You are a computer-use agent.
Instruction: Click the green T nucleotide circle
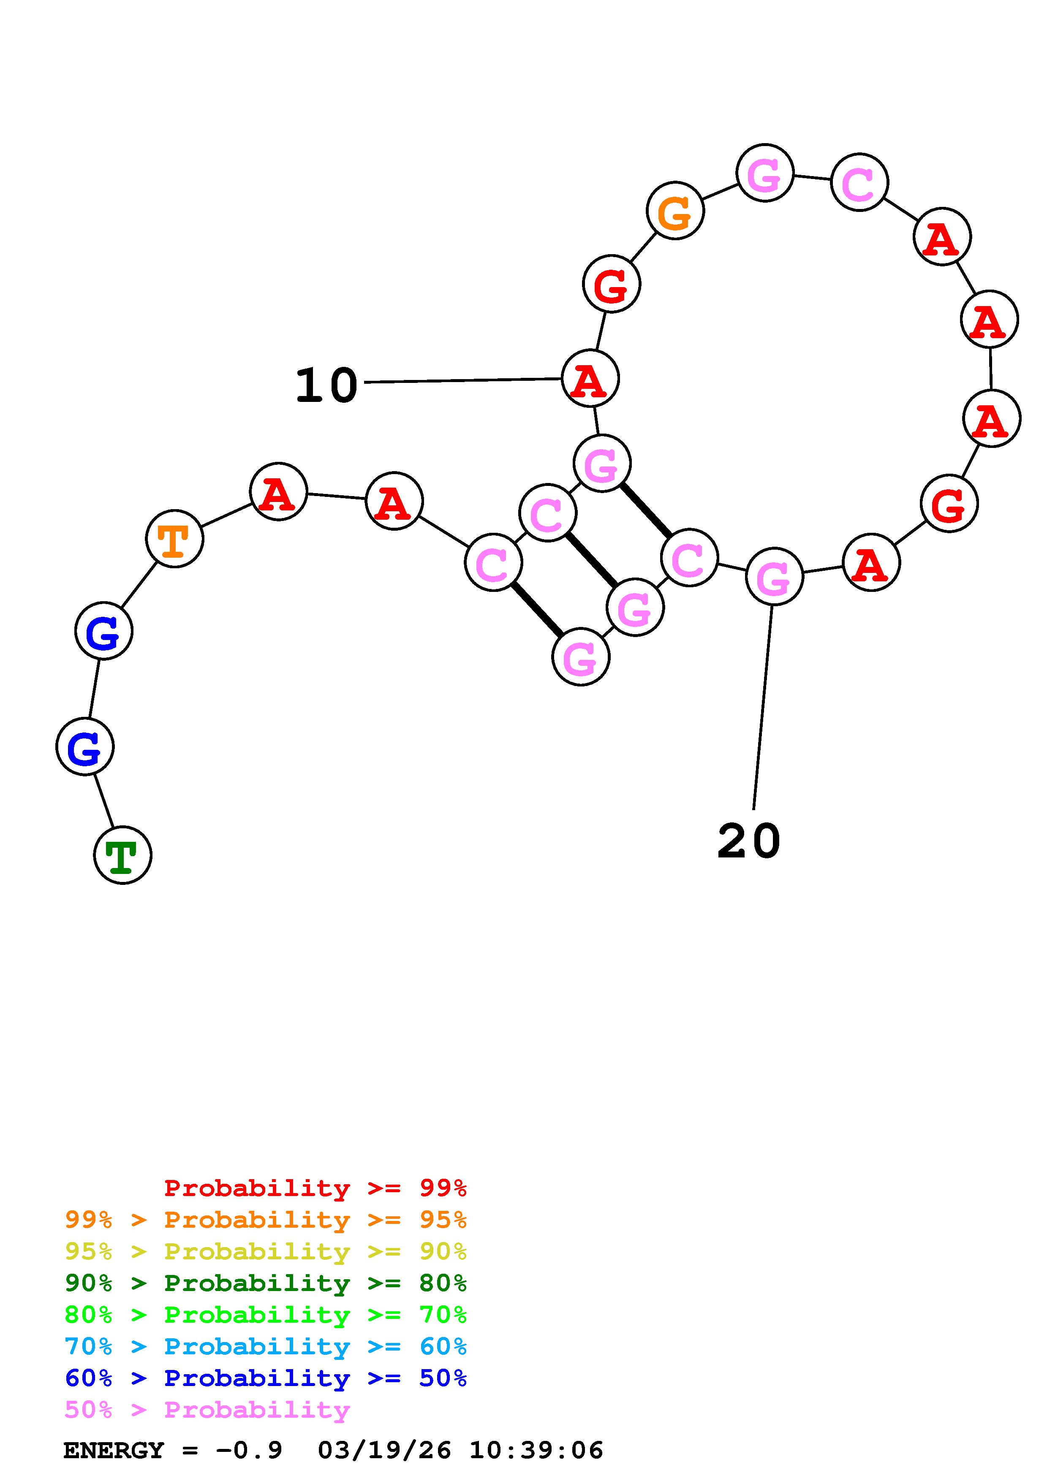pos(122,854)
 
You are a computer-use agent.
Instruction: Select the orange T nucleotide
pos(174,539)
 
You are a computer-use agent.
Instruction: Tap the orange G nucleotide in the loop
pos(675,211)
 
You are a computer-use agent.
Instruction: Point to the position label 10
pos(326,386)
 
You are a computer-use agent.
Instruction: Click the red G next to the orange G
pos(611,284)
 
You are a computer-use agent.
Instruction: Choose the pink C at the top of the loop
pos(859,182)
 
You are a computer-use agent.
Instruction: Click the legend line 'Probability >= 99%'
pos(315,1188)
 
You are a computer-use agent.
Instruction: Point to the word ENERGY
pos(114,1450)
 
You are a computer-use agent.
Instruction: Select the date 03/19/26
pos(384,1450)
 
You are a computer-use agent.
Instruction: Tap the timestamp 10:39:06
pos(536,1450)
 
